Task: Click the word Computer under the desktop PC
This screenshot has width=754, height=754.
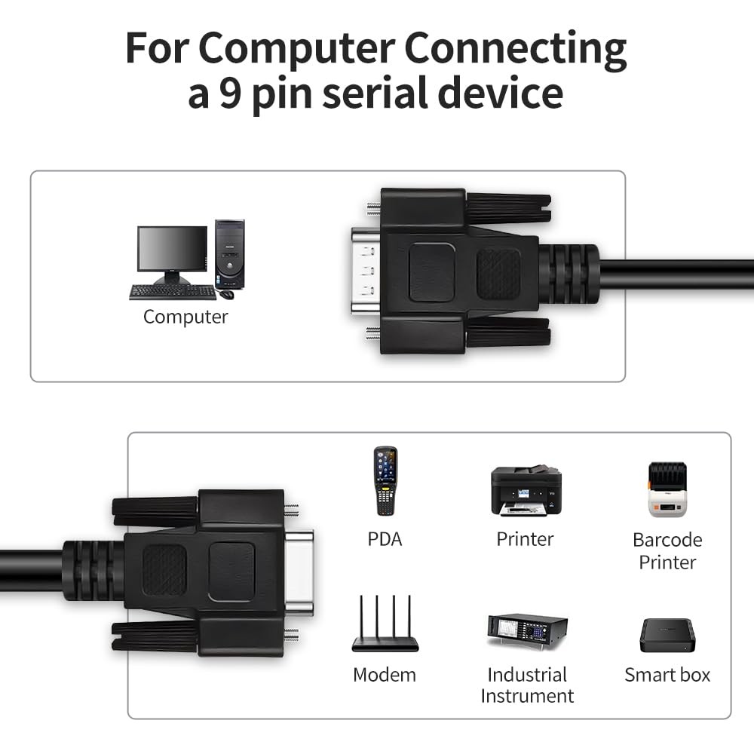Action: [x=185, y=317]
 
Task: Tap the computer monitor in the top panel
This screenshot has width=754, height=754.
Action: [x=172, y=250]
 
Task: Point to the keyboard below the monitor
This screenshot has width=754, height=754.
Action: [x=173, y=292]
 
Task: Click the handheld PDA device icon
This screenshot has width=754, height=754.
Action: [x=385, y=481]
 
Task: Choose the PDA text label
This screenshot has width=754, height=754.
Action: [x=385, y=539]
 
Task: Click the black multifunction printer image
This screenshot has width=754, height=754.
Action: [x=526, y=491]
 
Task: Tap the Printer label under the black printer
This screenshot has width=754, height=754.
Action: [x=525, y=539]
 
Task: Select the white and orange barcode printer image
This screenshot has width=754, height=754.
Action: [x=667, y=489]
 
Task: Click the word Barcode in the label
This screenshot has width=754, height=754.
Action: [x=667, y=540]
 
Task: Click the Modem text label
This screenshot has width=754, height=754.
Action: [x=385, y=675]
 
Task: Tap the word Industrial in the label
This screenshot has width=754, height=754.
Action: [x=527, y=675]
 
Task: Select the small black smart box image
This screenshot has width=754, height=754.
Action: [x=667, y=635]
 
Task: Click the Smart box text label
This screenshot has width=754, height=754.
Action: [x=667, y=675]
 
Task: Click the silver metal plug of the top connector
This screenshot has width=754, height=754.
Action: [x=366, y=271]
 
